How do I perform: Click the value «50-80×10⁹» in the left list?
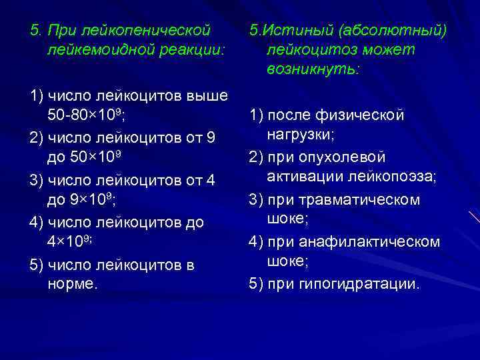tap(86, 115)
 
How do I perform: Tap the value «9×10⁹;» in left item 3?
tap(95, 199)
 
